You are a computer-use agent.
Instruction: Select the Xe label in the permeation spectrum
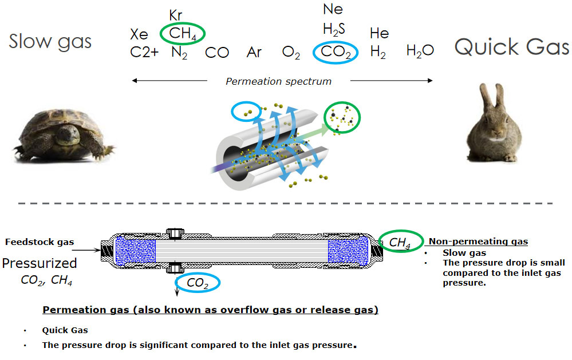[x=139, y=34]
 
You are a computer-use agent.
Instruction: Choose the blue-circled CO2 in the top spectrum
[x=336, y=53]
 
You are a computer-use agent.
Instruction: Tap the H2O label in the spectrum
[x=420, y=52]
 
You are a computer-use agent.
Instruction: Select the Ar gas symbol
[x=254, y=53]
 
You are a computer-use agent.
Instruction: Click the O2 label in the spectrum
[x=291, y=53]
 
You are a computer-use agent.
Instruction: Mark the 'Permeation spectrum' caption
[x=278, y=81]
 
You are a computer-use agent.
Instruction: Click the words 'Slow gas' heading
[x=50, y=41]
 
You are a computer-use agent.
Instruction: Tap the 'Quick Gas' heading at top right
[x=512, y=47]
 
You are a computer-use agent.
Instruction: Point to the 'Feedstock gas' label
[x=40, y=242]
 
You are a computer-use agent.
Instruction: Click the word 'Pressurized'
[x=40, y=263]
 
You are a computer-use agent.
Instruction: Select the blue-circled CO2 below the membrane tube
[x=198, y=282]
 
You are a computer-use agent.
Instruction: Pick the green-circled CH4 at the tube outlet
[x=400, y=243]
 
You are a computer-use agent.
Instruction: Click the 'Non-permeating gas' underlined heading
[x=478, y=242]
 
